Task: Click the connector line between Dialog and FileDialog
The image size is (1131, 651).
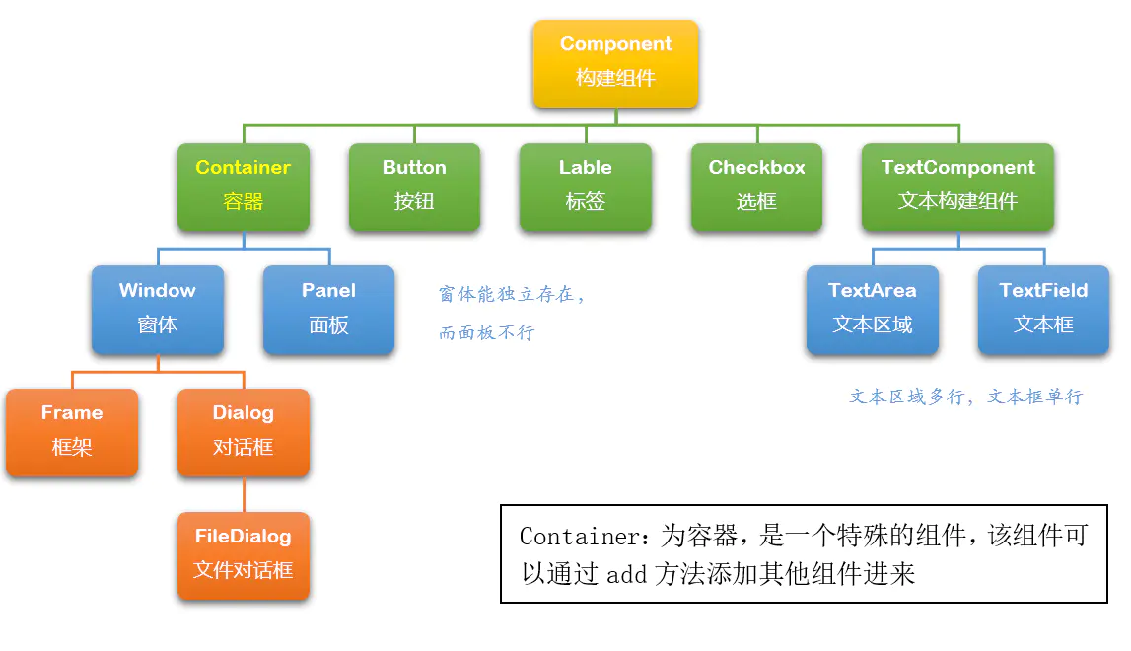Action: [244, 494]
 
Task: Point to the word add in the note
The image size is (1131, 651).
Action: [625, 574]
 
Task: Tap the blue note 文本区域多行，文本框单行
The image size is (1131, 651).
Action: [965, 397]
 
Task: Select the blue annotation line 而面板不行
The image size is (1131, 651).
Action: [486, 332]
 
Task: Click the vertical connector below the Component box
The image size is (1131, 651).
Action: [616, 116]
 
